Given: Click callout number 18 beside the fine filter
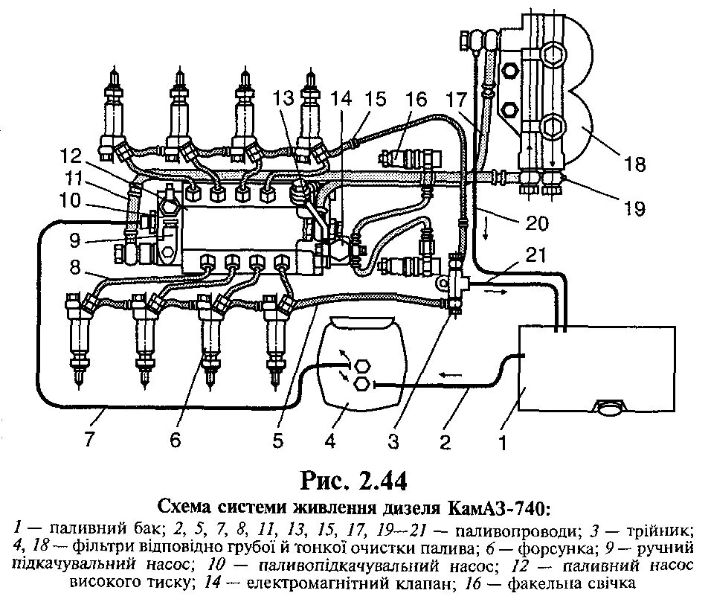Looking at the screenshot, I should [634, 164].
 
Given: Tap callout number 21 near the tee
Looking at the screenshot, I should [535, 255].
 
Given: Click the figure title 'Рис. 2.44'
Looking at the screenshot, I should [353, 480].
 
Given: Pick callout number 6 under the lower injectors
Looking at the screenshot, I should [176, 441].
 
